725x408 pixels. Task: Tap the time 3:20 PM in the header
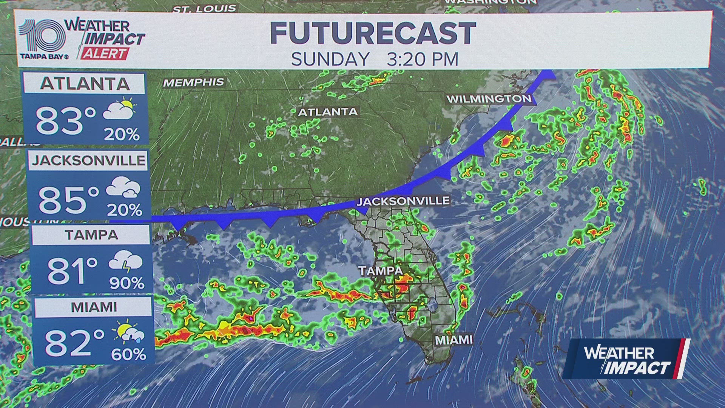click(x=423, y=59)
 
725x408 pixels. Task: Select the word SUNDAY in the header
click(x=330, y=59)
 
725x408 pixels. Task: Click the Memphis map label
click(x=193, y=82)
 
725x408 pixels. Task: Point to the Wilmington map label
click(x=489, y=99)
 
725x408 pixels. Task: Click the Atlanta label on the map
click(x=328, y=112)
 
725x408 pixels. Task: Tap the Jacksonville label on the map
click(x=403, y=201)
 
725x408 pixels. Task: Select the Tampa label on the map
click(x=381, y=270)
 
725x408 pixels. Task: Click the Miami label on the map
click(x=454, y=340)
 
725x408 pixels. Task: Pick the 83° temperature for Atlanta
click(x=66, y=121)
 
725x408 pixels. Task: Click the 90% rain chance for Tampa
click(x=127, y=283)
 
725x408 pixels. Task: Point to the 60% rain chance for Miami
click(x=128, y=354)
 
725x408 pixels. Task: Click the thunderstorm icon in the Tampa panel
click(x=125, y=261)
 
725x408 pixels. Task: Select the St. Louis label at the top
click(x=204, y=8)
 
